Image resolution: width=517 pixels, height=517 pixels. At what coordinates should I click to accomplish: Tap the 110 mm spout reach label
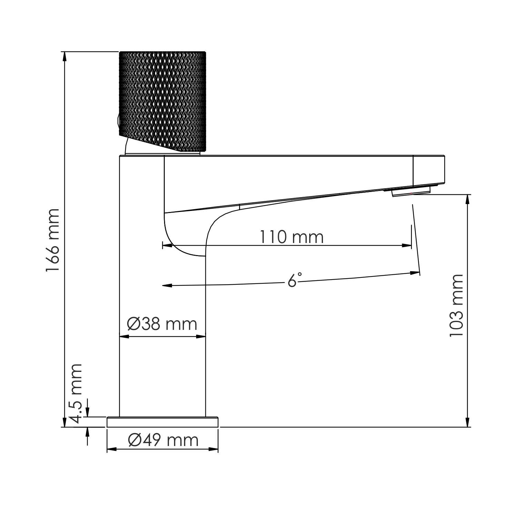tap(291, 237)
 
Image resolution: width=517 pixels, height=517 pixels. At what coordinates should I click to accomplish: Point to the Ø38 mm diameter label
tap(162, 324)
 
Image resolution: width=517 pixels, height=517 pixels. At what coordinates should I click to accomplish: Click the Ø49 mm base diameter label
tap(163, 440)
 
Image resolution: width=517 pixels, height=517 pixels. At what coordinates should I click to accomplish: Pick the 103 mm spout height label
tap(457, 306)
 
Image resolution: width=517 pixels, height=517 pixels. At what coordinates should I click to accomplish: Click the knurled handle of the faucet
tap(162, 100)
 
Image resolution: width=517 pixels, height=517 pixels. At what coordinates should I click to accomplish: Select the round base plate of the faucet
tap(162, 422)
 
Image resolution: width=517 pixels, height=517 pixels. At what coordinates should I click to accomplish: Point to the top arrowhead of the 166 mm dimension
tap(64, 56)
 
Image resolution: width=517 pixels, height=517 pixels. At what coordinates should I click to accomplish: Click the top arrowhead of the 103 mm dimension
tap(468, 199)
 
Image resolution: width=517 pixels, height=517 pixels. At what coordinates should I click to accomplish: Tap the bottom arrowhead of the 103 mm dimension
tap(468, 423)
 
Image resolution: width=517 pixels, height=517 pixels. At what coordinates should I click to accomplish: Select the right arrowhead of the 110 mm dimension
tap(407, 245)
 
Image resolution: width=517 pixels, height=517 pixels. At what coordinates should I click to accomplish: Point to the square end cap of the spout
tap(429, 170)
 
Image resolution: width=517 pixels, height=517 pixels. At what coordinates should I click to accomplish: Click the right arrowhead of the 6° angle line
tap(415, 273)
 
